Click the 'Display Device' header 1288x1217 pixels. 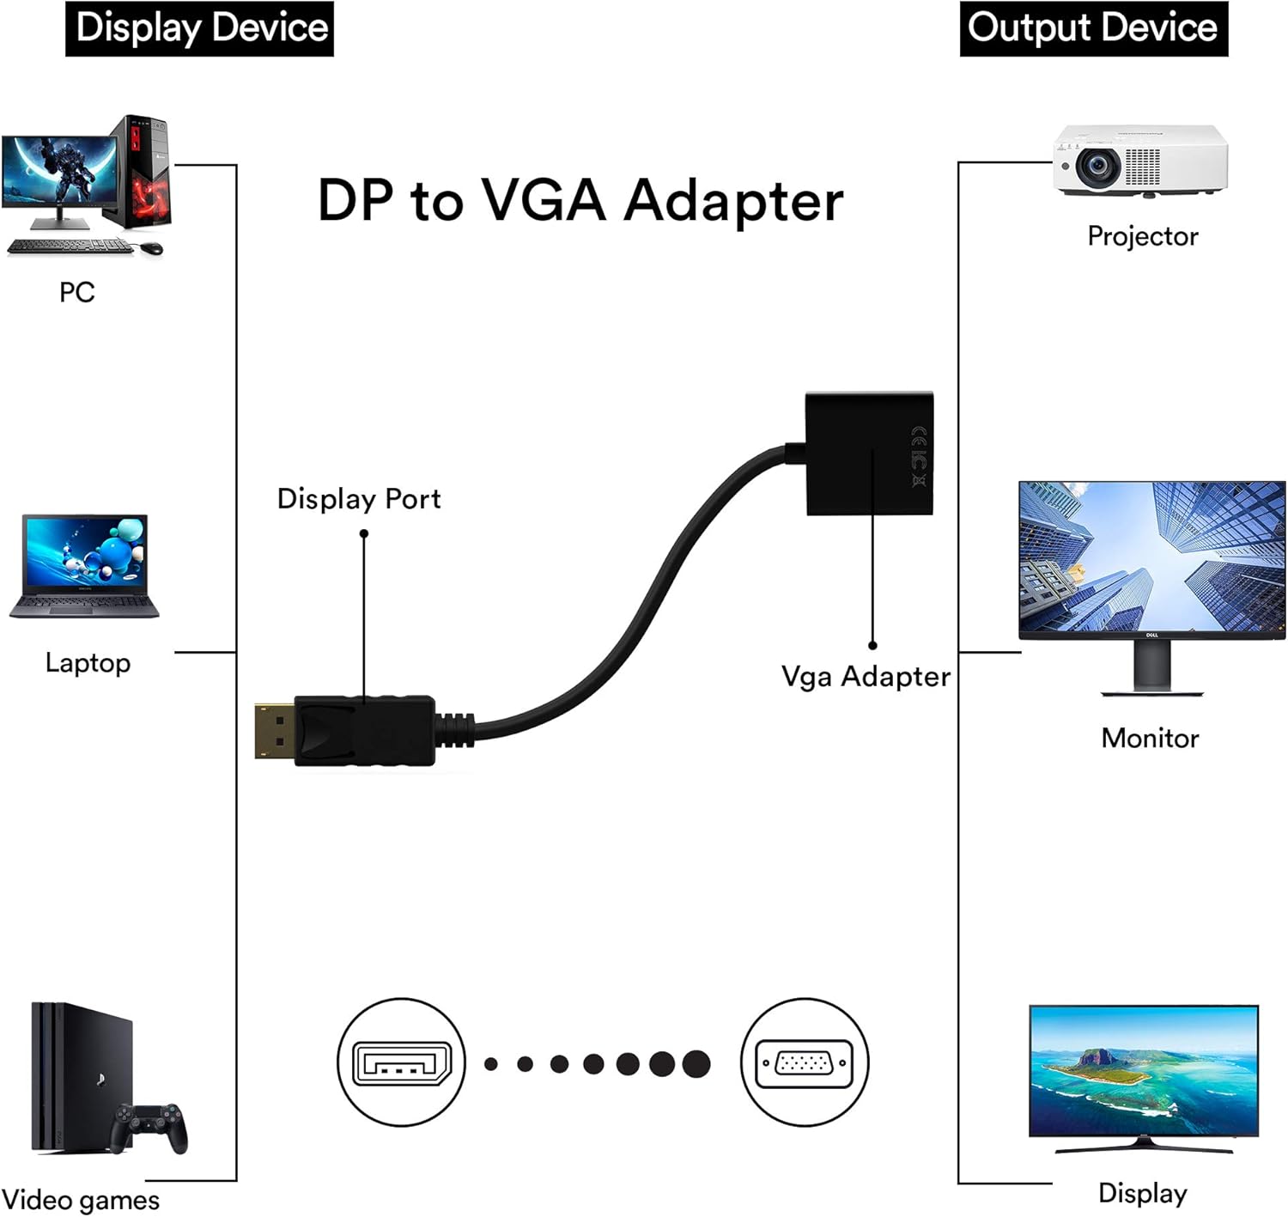coord(199,28)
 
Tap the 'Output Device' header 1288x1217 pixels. coord(1092,28)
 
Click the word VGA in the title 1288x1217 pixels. coord(543,201)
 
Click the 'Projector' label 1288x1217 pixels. coord(1142,236)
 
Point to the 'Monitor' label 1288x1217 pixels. coord(1150,738)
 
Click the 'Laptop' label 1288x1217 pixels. coord(88,663)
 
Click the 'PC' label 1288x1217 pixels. coord(76,293)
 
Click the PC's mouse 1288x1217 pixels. coord(151,248)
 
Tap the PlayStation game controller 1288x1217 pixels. coord(152,1126)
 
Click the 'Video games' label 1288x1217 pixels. coord(81,1200)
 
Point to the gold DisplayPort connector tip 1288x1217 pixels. coord(274,731)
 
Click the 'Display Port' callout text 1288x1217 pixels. coord(358,499)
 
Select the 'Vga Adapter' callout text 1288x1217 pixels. coord(865,677)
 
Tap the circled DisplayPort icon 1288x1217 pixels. coord(401,1062)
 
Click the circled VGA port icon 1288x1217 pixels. coord(804,1062)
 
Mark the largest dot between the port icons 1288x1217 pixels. coord(696,1063)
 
